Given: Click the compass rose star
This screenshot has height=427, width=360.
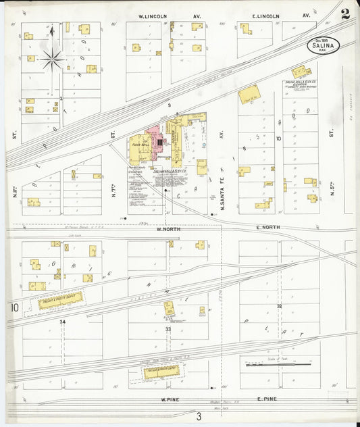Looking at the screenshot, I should [x=52, y=60].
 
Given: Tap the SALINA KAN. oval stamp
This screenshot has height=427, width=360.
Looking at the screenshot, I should [x=323, y=45].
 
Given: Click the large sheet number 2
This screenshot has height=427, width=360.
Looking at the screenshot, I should [x=345, y=15].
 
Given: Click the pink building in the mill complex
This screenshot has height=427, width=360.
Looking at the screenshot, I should [x=157, y=140].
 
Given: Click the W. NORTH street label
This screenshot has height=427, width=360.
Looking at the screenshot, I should [x=170, y=229].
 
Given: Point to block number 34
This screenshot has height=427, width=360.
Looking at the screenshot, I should [x=62, y=322].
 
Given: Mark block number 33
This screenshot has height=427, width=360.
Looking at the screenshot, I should [x=168, y=328].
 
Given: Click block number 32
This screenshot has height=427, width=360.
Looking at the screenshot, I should [x=279, y=306].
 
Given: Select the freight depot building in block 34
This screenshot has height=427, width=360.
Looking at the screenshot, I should [x=59, y=300].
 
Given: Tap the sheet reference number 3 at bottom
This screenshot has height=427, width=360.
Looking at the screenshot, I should [x=199, y=416].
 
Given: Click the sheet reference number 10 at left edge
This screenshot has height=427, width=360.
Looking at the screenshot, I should [x=14, y=308].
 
